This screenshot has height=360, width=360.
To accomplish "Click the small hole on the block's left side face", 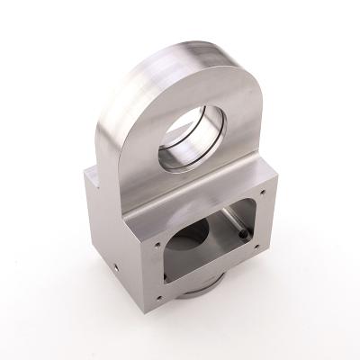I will (117, 268).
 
